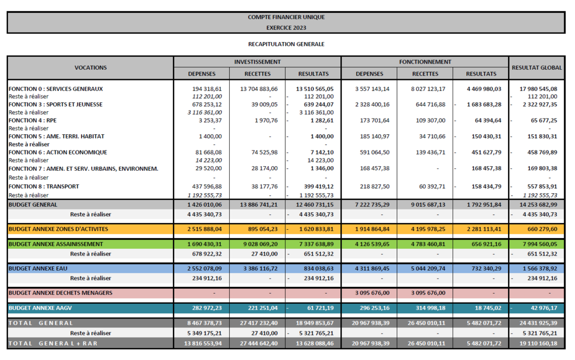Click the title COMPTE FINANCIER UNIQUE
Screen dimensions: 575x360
[286, 17]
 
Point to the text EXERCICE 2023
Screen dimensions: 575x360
[286, 28]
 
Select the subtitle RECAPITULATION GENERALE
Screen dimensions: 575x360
[286, 44]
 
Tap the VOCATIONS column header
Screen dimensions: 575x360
[90, 67]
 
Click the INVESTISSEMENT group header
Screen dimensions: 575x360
[257, 62]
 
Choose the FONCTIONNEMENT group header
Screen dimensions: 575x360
[425, 62]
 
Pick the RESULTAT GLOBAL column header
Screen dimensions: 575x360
[537, 67]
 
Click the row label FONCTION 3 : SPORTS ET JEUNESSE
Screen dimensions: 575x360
[56, 104]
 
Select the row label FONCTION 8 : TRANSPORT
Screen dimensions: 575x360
[44, 186]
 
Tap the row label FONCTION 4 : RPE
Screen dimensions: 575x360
[33, 120]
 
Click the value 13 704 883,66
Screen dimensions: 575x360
[259, 89]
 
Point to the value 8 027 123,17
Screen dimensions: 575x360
[428, 89]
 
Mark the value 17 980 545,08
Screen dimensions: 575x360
[539, 89]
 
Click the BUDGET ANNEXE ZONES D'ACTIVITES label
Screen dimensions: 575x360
[58, 229]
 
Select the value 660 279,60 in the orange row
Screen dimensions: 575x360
[542, 229]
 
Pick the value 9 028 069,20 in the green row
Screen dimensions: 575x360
[261, 244]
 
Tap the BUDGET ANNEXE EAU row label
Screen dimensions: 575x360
[38, 268]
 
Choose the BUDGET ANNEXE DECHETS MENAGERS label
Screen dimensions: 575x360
[61, 293]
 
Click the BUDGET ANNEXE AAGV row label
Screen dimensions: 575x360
[40, 308]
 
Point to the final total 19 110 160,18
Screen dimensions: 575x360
[539, 344]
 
